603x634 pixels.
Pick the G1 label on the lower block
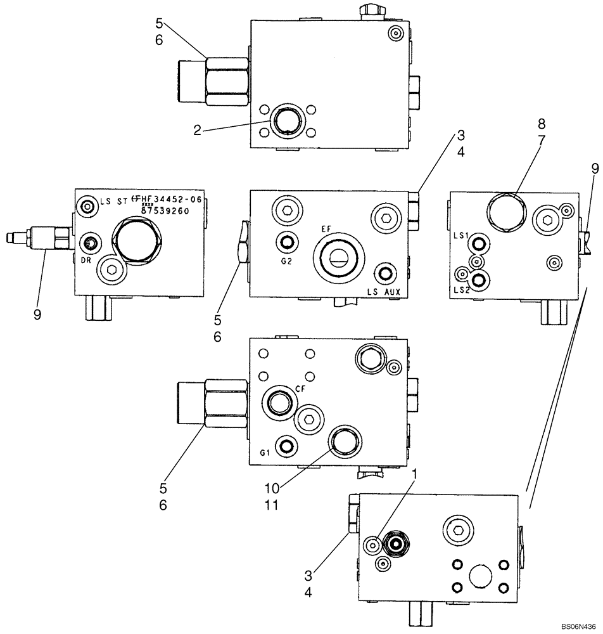[x=265, y=453]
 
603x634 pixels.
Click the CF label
[x=300, y=389]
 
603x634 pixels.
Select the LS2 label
[x=460, y=290]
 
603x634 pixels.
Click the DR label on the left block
[x=87, y=259]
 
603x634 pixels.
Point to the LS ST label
[x=111, y=201]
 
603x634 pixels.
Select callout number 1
[x=416, y=474]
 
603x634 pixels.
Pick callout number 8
[x=542, y=123]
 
